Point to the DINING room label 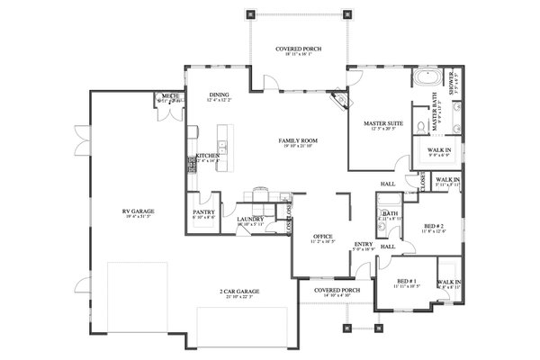[219, 94]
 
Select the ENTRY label [363, 243]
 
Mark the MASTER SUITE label [382, 122]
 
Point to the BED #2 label [435, 225]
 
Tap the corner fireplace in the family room [338, 97]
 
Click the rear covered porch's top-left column [251, 14]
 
